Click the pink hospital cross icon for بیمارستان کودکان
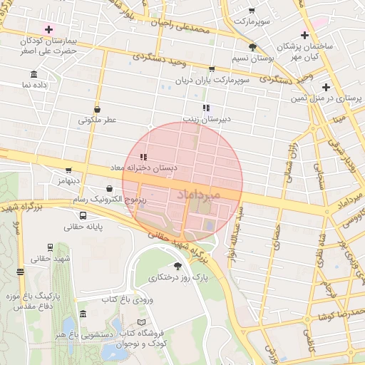[x=48, y=29]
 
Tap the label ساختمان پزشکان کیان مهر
[x=308, y=51]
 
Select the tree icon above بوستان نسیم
[x=252, y=47]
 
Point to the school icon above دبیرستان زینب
[x=206, y=108]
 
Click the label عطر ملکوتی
[x=97, y=120]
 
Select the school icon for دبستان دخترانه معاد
[x=143, y=157]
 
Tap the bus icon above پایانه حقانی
[x=83, y=216]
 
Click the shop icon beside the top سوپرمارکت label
[x=251, y=10]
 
